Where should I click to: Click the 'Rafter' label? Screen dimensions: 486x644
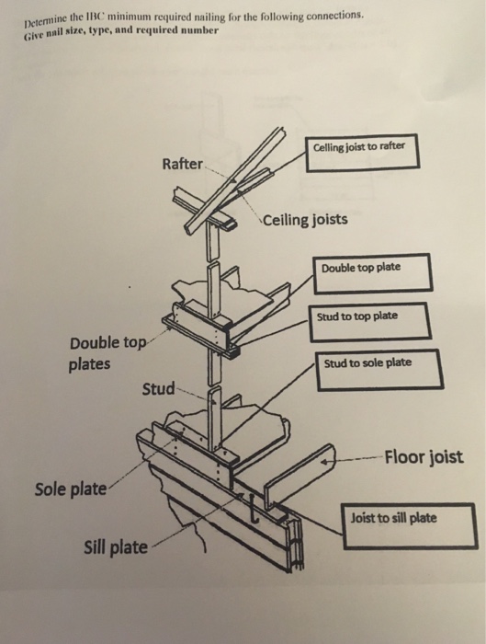182,164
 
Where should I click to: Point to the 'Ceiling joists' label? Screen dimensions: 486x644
305,220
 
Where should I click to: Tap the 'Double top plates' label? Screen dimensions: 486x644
107,353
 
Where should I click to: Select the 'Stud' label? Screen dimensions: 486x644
158,388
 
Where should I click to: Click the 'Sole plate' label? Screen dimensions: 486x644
70,489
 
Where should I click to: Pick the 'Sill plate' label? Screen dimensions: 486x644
116,547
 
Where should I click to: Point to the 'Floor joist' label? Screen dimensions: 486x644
424,456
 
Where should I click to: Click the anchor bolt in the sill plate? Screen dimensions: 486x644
254,510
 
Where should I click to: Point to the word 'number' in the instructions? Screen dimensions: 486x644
200,30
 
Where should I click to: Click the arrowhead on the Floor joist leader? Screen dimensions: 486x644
324,462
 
